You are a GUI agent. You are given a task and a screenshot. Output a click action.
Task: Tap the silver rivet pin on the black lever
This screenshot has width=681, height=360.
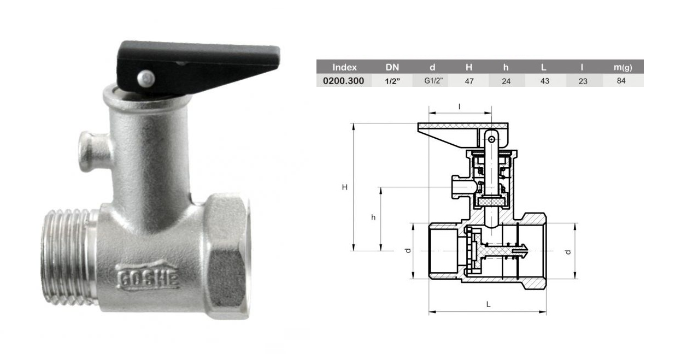click(x=146, y=79)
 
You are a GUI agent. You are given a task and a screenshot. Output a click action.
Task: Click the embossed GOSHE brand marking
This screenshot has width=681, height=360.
click(x=148, y=277)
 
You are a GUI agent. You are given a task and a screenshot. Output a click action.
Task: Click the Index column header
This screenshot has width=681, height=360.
click(x=344, y=67)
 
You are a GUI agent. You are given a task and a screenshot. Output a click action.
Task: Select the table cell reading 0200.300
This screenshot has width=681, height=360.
click(x=343, y=81)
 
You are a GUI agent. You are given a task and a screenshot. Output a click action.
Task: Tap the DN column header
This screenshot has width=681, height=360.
click(x=392, y=67)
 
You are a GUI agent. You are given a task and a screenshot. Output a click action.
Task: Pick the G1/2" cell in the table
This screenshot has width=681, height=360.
click(x=433, y=81)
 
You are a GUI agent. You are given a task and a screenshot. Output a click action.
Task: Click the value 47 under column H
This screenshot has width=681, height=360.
click(x=469, y=81)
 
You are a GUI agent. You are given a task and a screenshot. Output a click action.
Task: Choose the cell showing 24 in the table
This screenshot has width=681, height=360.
click(x=506, y=81)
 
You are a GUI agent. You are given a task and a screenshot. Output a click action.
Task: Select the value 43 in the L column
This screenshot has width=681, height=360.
click(x=545, y=81)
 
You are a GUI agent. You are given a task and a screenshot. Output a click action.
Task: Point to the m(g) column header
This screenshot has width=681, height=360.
click(x=623, y=67)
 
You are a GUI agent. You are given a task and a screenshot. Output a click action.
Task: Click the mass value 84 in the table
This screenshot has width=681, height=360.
click(x=621, y=80)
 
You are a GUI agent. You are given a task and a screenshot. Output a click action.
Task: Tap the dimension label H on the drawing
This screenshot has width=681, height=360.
click(x=344, y=187)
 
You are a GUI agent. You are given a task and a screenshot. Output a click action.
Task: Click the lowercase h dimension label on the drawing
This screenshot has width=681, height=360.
click(x=373, y=217)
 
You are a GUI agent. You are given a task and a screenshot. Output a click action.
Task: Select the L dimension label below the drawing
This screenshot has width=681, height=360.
click(x=488, y=304)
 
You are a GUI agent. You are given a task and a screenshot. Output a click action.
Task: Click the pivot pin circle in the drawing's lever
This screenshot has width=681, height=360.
click(x=491, y=139)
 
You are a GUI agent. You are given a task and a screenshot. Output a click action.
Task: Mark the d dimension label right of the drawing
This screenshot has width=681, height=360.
click(x=568, y=252)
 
